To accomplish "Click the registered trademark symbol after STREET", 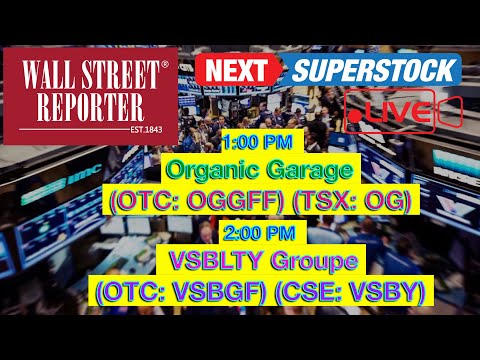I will coord(166,64).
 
